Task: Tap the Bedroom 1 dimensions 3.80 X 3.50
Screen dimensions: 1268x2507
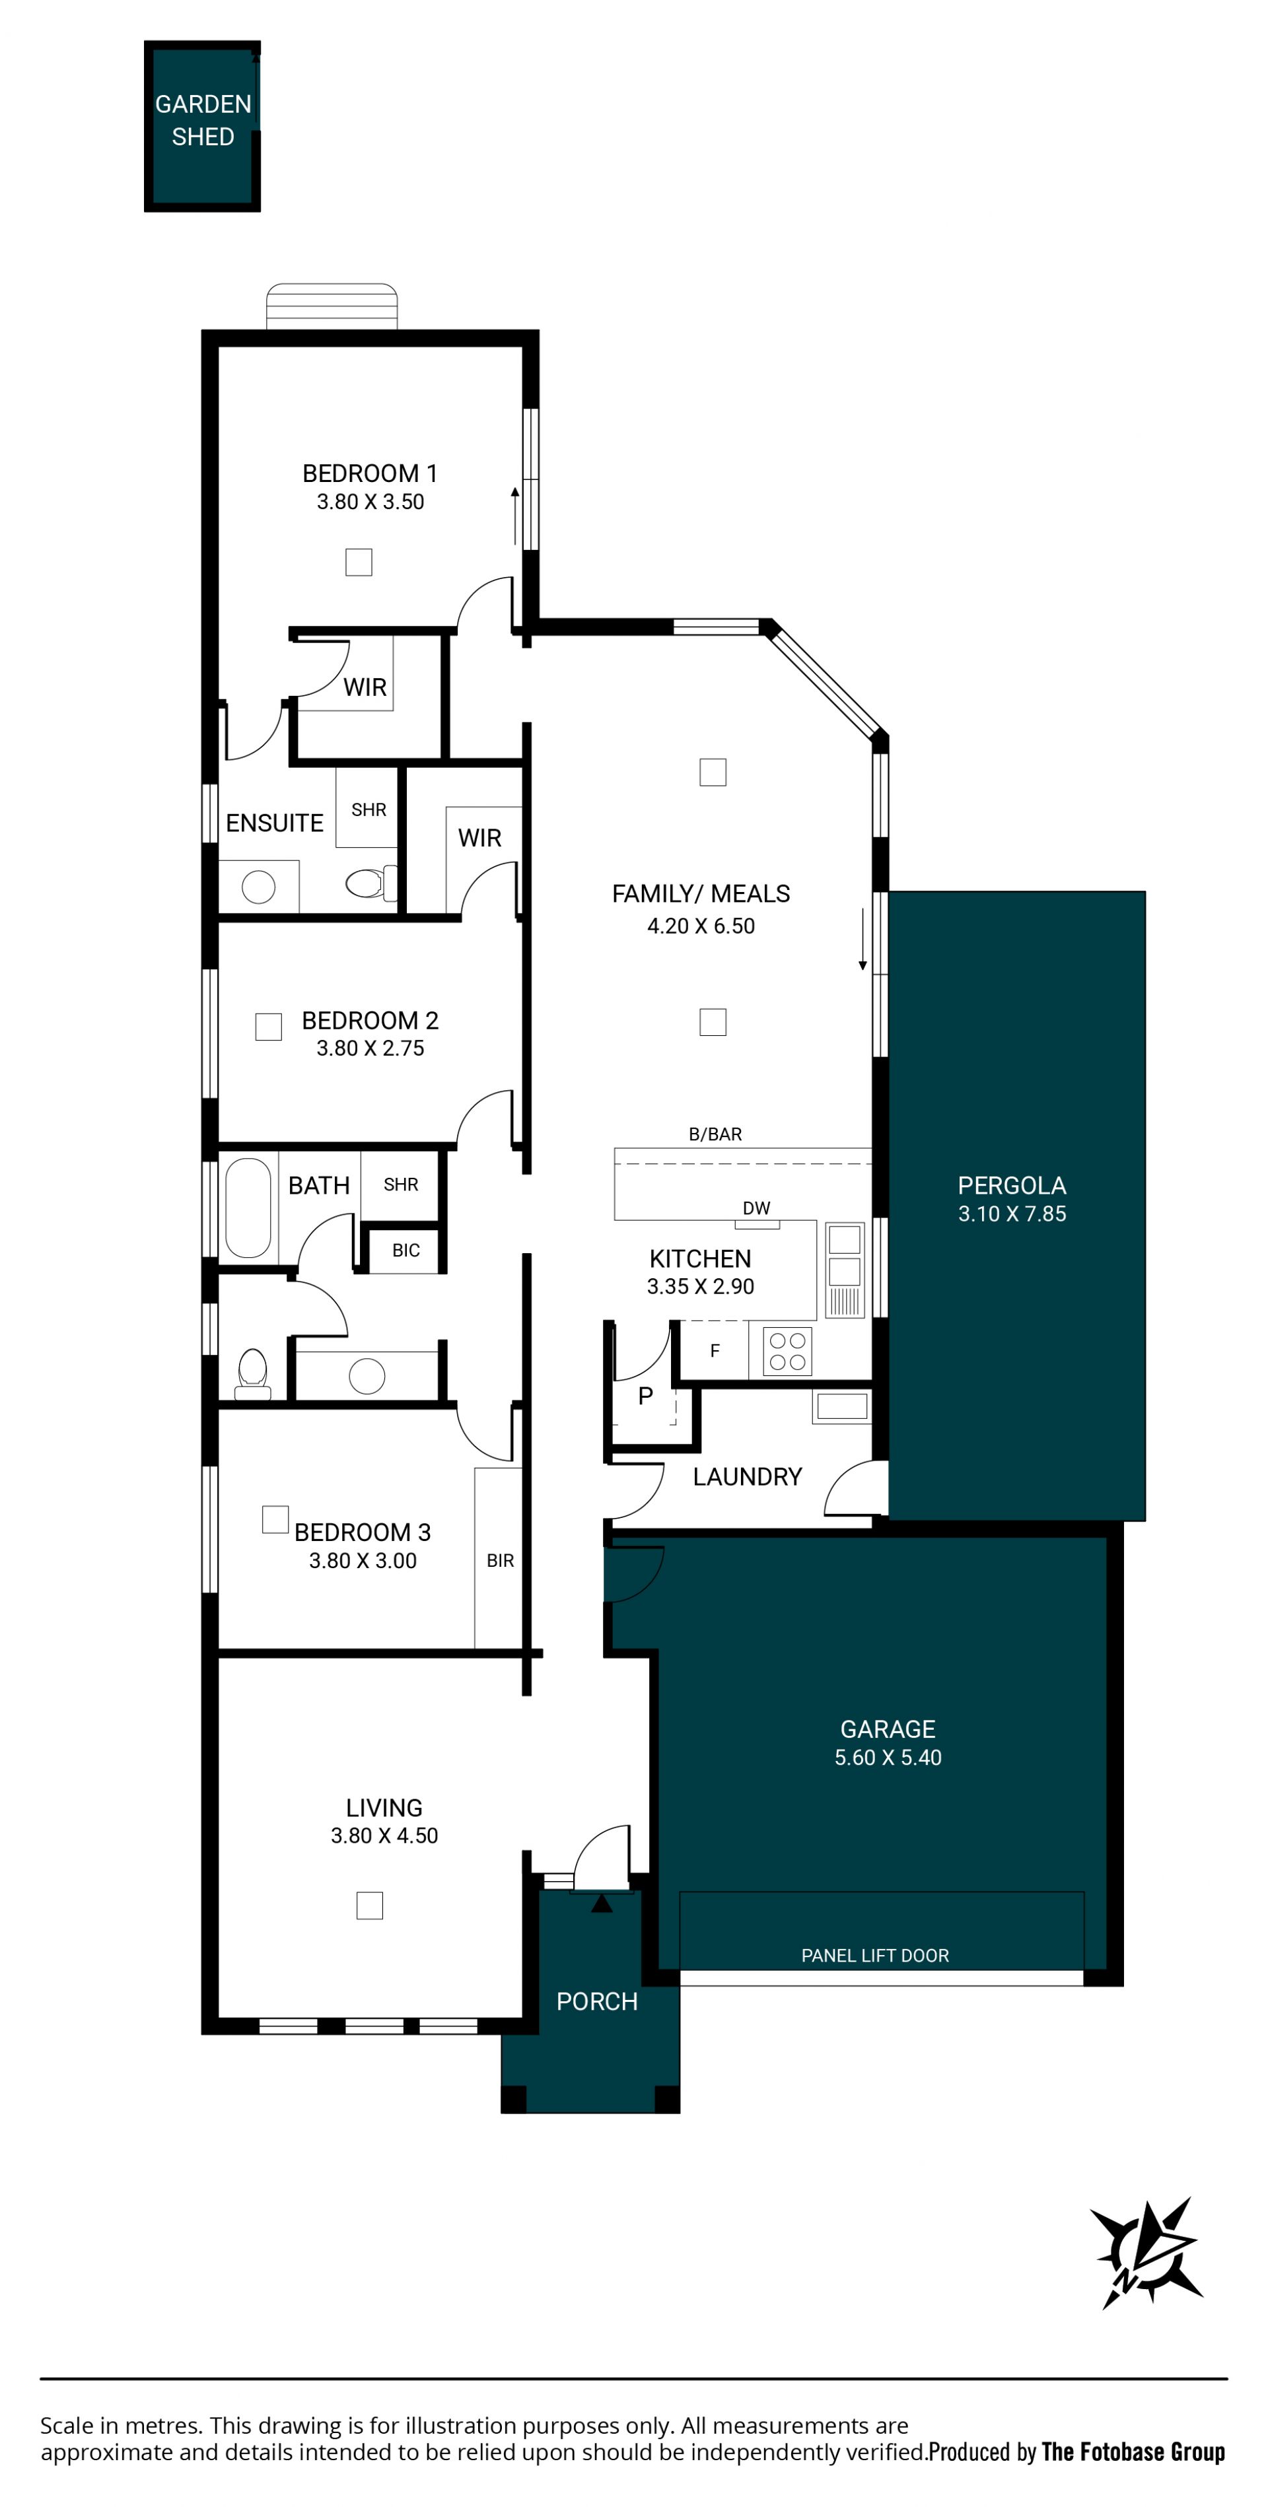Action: pyautogui.click(x=370, y=502)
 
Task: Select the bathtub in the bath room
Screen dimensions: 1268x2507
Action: pyautogui.click(x=248, y=1208)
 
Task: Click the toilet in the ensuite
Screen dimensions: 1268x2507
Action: pyautogui.click(x=370, y=883)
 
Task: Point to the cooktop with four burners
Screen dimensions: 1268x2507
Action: pyautogui.click(x=787, y=1351)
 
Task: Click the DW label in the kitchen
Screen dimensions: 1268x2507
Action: pyautogui.click(x=756, y=1208)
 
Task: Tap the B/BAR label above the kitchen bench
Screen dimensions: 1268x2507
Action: pyautogui.click(x=715, y=1134)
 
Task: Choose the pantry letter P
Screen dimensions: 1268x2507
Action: pyautogui.click(x=645, y=1396)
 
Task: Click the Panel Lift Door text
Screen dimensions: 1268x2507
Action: pyautogui.click(x=875, y=1955)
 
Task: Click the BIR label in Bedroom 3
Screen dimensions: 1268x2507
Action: pyautogui.click(x=500, y=1560)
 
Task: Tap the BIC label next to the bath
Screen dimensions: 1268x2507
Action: pyautogui.click(x=405, y=1251)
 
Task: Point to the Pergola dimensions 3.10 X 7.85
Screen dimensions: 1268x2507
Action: pyautogui.click(x=1012, y=1214)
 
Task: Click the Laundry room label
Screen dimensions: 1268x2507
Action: pyautogui.click(x=748, y=1476)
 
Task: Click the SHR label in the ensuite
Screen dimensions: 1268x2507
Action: pyautogui.click(x=369, y=809)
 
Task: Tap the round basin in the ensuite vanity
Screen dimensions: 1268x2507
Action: pyautogui.click(x=258, y=887)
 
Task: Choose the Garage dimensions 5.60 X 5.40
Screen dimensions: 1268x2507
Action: pyautogui.click(x=888, y=1758)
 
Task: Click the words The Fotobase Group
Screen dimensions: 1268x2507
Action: pyautogui.click(x=1133, y=2452)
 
